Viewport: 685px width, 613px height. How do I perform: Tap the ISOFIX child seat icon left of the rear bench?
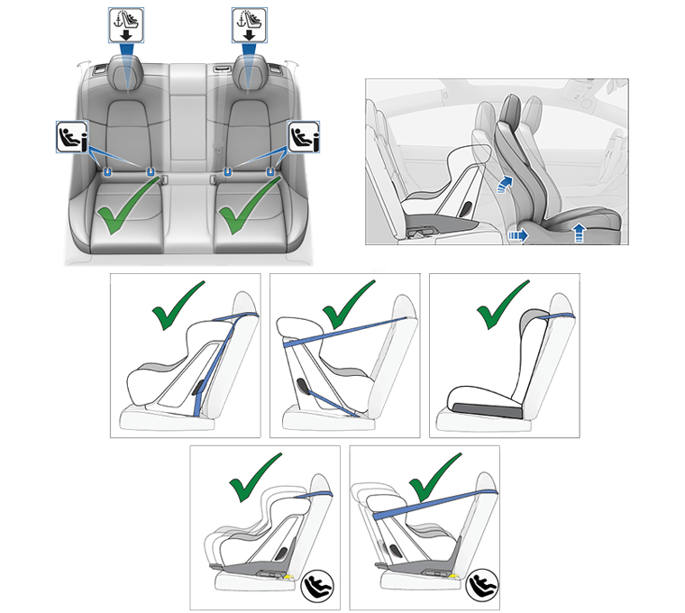71,136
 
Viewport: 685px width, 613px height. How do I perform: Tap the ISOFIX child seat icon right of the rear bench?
304,136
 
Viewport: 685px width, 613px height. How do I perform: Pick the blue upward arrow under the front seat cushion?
578,233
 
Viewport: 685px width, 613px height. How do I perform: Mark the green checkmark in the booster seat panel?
502,306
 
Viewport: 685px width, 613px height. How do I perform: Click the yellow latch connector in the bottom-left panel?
289,575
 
